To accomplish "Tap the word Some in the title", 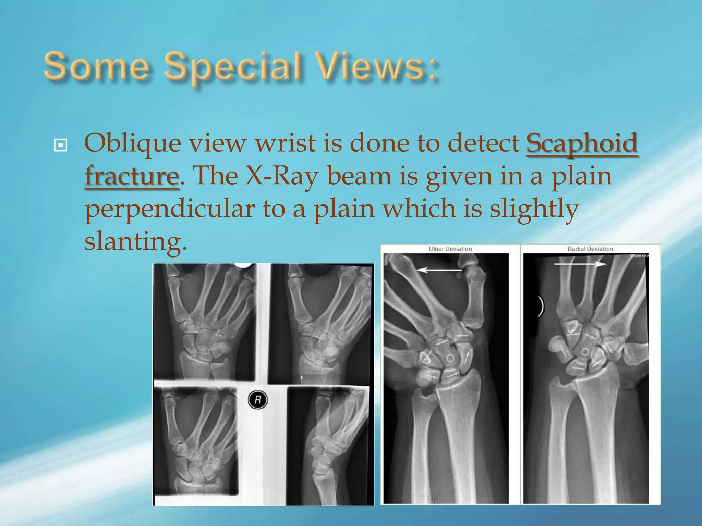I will pos(97,66).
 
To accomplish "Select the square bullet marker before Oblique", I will pos(61,145).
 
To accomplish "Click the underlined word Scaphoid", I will pos(582,143).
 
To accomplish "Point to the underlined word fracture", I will pos(132,176).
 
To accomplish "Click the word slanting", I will pos(135,241).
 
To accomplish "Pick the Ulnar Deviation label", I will pos(450,249).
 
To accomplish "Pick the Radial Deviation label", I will pos(590,249).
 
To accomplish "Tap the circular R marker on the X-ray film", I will pos(257,400).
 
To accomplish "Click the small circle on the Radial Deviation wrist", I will pos(585,352).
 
